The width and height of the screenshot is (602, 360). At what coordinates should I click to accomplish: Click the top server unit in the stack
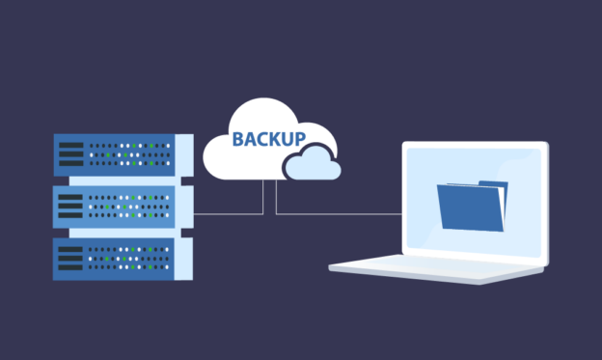click(116, 154)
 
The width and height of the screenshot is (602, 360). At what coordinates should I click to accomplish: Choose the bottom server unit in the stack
click(116, 258)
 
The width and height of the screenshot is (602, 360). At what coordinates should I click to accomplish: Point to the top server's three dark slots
click(71, 154)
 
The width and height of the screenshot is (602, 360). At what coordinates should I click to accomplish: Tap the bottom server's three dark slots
click(71, 259)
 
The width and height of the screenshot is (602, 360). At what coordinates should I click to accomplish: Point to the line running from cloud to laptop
click(338, 212)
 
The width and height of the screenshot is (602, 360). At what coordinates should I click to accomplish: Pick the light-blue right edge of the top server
click(182, 154)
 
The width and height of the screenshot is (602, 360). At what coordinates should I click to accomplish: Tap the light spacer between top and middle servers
click(116, 180)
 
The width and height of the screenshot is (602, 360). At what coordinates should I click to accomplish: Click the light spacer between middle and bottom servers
click(116, 233)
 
